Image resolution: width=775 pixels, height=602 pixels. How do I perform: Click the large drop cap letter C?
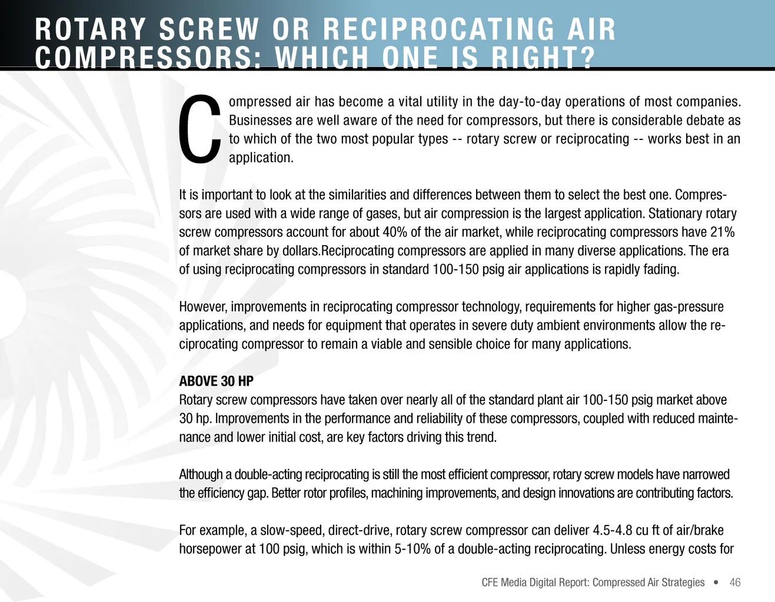[200, 129]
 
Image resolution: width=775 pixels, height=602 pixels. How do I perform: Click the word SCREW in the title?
[209, 29]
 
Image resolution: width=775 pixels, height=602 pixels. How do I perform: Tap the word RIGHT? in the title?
[543, 58]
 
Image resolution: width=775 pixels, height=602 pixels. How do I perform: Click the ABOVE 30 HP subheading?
[216, 381]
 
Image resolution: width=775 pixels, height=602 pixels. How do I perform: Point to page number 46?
[735, 582]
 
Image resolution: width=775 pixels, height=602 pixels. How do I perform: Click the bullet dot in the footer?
[716, 583]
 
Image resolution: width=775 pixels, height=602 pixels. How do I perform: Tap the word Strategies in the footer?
[683, 582]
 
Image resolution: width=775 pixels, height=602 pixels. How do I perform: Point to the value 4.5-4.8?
[613, 530]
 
